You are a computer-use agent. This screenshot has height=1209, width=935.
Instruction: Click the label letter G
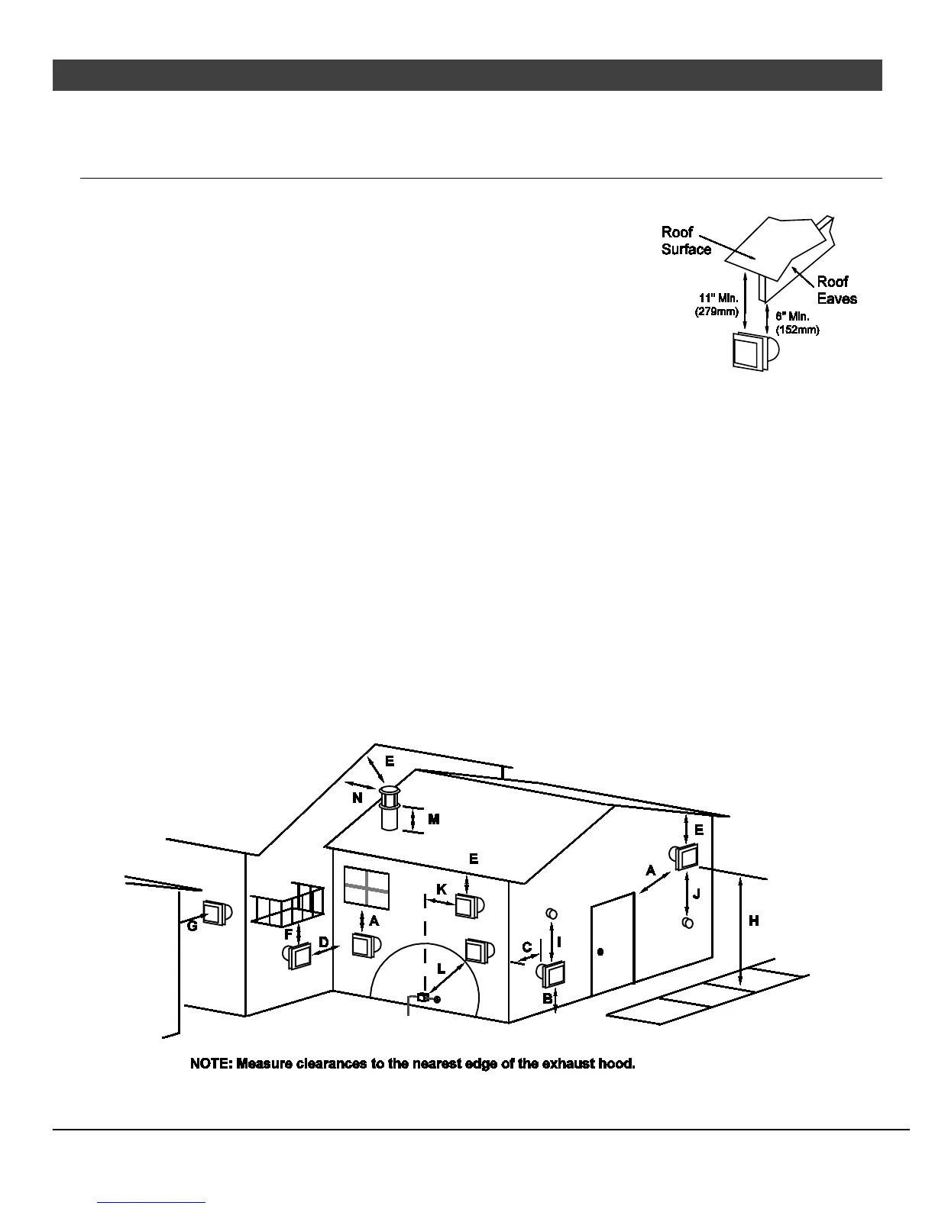tap(192, 926)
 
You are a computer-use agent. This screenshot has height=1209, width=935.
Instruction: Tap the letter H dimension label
tap(754, 921)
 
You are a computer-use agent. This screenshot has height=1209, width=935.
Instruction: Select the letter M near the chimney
tap(434, 819)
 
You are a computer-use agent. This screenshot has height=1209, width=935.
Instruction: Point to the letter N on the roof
tap(357, 798)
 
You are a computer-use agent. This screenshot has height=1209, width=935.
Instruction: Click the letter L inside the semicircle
tap(442, 968)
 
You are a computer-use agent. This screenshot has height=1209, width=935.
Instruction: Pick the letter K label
tap(442, 890)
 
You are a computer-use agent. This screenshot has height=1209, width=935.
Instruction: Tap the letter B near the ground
tap(547, 998)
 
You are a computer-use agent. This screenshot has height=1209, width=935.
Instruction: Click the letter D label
tap(324, 943)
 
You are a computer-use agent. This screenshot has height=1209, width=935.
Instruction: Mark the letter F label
tap(288, 933)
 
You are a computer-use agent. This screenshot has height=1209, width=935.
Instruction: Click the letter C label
tap(527, 948)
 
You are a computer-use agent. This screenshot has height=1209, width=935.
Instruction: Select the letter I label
tap(560, 943)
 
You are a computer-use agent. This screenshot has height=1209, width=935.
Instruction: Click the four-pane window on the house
tap(366, 888)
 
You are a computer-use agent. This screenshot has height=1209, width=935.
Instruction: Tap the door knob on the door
tap(600, 952)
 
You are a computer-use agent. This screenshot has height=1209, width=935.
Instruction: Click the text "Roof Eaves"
tap(836, 290)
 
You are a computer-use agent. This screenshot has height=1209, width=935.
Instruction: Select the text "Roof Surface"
tap(685, 240)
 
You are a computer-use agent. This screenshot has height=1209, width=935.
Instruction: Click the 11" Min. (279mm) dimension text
tap(717, 305)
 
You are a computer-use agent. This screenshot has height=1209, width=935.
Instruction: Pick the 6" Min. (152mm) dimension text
tap(797, 322)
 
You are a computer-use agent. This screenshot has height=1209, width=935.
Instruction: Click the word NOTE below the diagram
tap(211, 1063)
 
